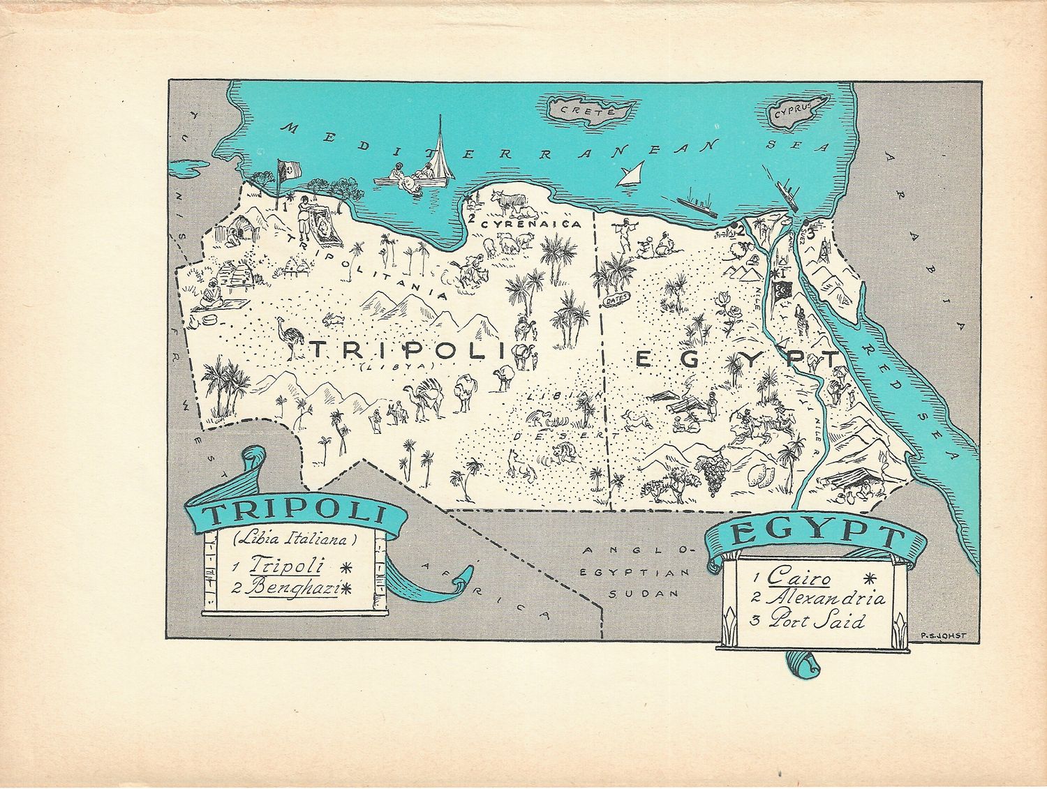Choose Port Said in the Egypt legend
[x=817, y=621]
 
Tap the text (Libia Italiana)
[x=295, y=539]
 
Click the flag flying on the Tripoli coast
[x=288, y=169]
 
